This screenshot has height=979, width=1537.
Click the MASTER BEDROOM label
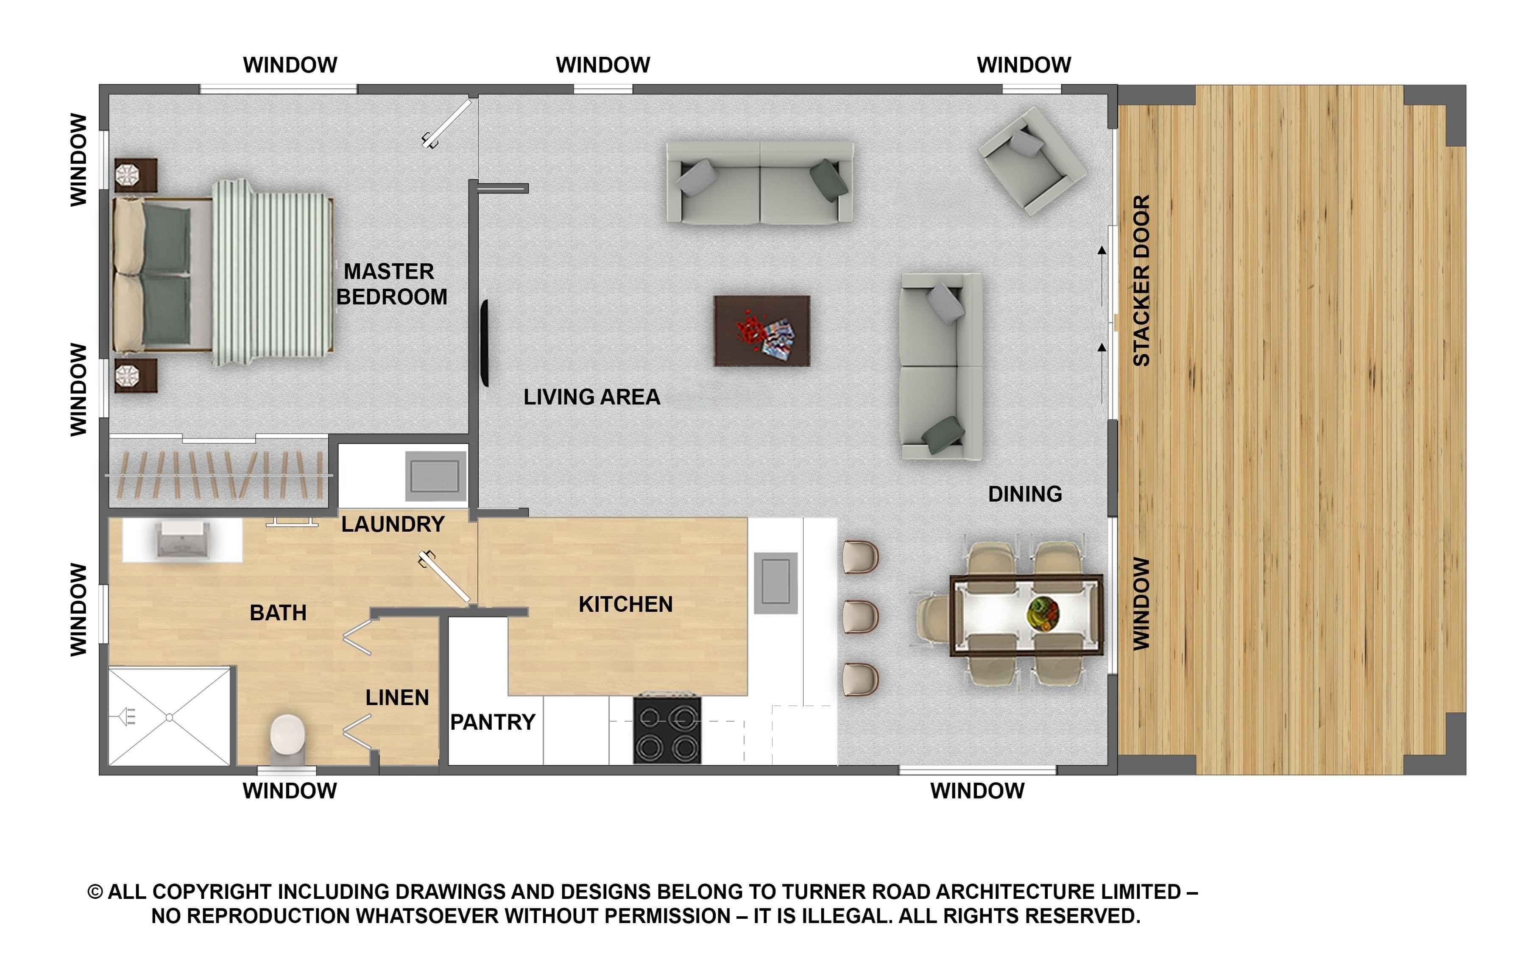click(x=391, y=284)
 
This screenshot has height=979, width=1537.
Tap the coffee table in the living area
click(x=762, y=331)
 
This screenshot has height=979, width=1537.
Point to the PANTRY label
click(x=492, y=722)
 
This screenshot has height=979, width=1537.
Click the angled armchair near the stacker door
click(x=1032, y=160)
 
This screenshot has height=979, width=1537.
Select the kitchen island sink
click(x=775, y=583)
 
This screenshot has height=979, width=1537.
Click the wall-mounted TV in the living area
click(x=485, y=343)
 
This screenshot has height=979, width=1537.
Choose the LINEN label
click(x=397, y=697)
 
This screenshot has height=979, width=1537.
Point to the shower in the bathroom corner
click(x=169, y=716)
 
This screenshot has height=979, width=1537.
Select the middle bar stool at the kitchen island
click(x=860, y=616)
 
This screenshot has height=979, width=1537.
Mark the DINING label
click(x=1025, y=494)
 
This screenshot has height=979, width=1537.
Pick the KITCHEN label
click(x=625, y=604)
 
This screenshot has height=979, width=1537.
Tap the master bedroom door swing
click(x=447, y=123)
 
